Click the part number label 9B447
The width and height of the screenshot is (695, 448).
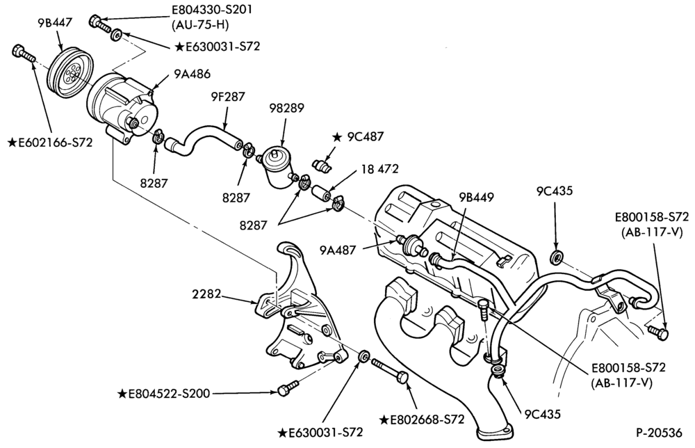pos(54,23)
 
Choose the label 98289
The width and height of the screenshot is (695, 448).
pos(287,109)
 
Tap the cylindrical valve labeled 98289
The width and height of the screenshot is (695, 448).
pos(280,166)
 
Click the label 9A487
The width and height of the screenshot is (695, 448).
pos(338,250)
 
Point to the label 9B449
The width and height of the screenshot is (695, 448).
pos(477,197)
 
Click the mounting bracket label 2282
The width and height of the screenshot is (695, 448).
pos(206,294)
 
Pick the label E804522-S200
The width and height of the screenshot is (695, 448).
pos(163,394)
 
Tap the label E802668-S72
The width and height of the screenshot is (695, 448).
pos(423,419)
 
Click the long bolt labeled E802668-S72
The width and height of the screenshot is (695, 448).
pos(391,369)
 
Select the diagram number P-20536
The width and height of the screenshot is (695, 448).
pos(659,433)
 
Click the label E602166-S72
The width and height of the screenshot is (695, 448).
pos(50,143)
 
